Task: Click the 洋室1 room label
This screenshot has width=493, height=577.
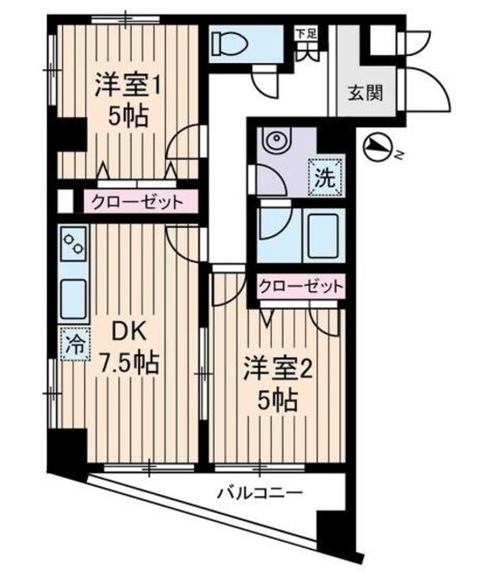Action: click(128, 88)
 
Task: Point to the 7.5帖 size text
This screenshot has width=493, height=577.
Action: click(129, 363)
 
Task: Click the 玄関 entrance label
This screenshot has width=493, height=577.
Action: click(367, 92)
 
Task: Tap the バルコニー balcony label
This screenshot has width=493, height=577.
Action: click(258, 493)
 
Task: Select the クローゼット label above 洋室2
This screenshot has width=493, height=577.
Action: click(302, 287)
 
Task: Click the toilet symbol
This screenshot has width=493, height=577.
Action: click(235, 41)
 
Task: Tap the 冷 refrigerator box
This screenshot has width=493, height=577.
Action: click(70, 343)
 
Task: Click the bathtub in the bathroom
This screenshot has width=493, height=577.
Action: click(322, 235)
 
